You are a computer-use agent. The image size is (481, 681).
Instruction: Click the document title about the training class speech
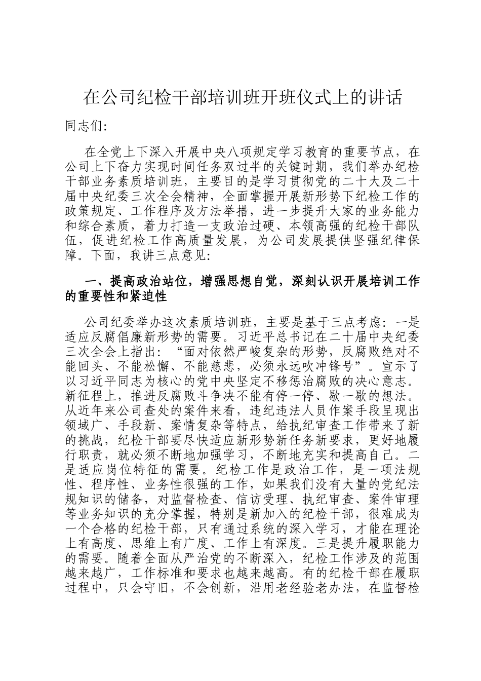(243, 97)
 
